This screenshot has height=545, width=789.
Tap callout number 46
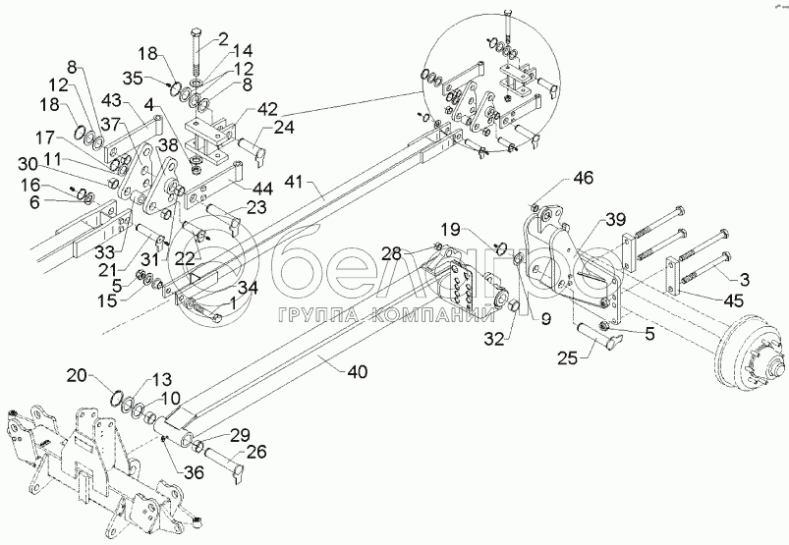pos(584,178)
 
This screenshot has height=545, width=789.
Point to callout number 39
pos(615,218)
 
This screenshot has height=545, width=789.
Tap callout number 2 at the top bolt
pos(222,38)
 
